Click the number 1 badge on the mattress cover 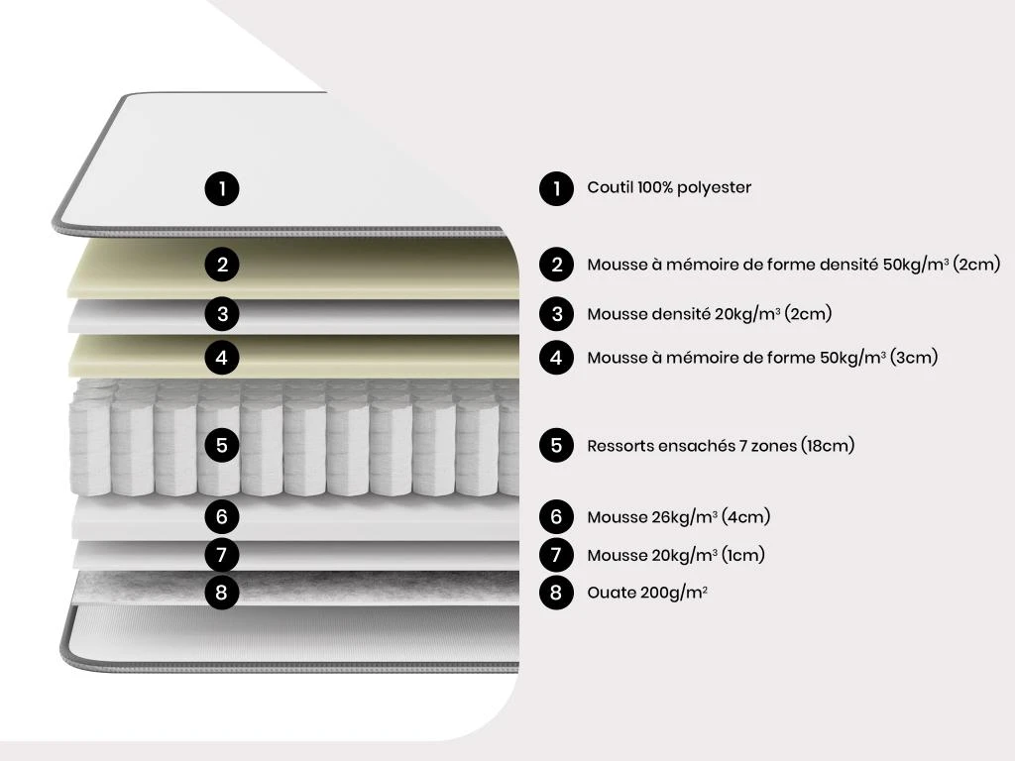[x=222, y=189]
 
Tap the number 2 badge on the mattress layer [x=222, y=264]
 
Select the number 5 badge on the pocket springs [x=222, y=445]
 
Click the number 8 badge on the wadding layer [x=222, y=593]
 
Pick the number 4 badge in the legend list [x=556, y=357]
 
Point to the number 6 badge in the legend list [x=556, y=516]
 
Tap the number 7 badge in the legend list [x=556, y=555]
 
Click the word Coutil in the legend [x=610, y=187]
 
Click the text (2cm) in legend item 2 [x=976, y=264]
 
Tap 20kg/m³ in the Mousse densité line [x=747, y=314]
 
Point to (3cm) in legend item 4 [x=913, y=357]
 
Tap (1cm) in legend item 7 [x=743, y=555]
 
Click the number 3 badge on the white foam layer [x=222, y=314]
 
